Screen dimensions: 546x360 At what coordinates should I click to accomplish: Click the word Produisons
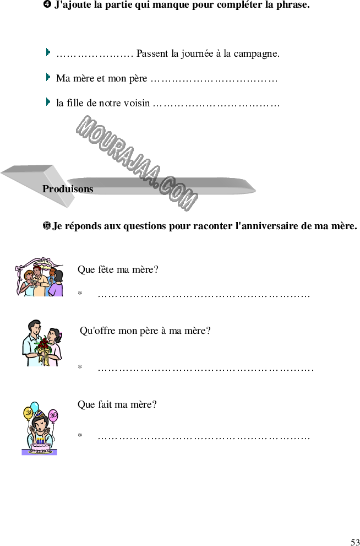click(68, 189)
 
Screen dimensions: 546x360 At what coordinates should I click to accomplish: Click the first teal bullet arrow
click(48, 52)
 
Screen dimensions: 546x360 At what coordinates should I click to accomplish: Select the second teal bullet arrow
click(48, 77)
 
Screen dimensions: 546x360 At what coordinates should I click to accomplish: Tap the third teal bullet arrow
click(48, 102)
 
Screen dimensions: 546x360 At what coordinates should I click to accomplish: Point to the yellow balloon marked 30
click(28, 412)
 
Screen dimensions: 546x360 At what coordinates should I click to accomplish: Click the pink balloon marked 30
click(53, 415)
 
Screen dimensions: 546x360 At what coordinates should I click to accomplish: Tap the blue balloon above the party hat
click(35, 407)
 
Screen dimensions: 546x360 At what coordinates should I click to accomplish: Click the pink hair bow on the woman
click(61, 334)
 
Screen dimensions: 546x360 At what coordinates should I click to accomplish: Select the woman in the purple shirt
click(56, 285)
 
